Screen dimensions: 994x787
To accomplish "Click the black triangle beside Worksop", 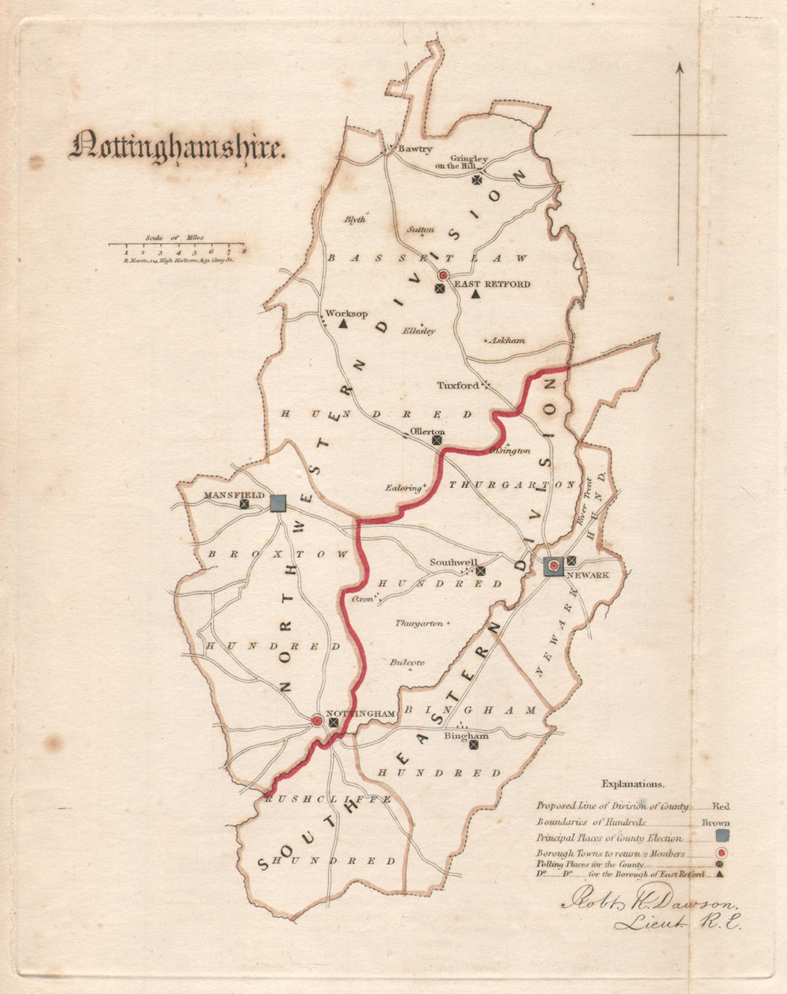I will click(x=343, y=323).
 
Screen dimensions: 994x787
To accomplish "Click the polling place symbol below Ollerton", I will click(x=437, y=441).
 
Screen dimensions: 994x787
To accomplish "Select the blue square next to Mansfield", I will click(x=278, y=503).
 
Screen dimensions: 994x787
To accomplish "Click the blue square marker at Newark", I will click(x=554, y=564).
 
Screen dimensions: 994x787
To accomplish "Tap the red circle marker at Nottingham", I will click(x=316, y=720).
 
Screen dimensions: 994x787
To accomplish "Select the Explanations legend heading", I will click(x=633, y=784).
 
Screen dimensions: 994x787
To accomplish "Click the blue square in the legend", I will click(x=722, y=836).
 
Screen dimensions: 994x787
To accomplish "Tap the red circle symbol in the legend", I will click(x=722, y=853).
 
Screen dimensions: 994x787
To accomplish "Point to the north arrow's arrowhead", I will click(x=680, y=69).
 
